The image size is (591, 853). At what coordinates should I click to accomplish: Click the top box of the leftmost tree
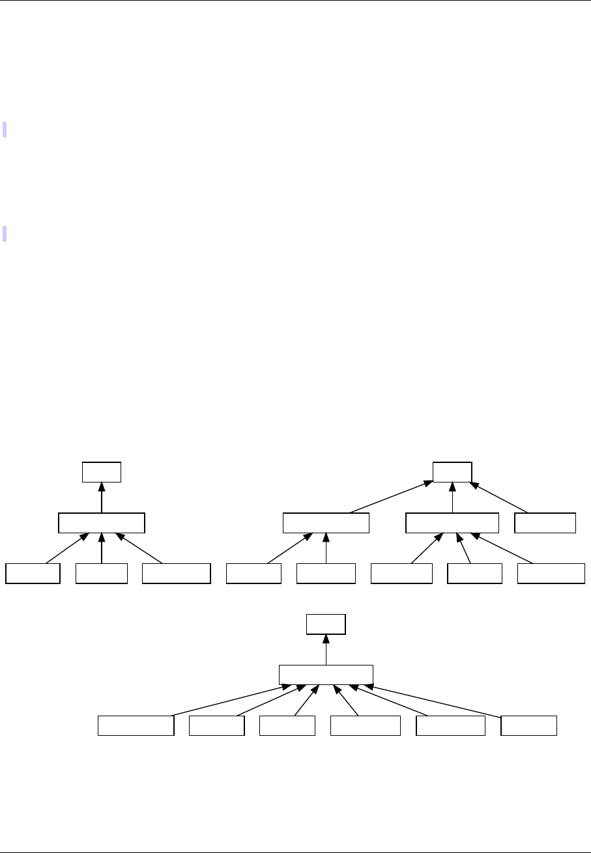coord(102,471)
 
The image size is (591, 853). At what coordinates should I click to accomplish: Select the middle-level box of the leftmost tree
coord(101,523)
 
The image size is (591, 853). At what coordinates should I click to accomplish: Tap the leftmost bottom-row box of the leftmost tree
coord(33,574)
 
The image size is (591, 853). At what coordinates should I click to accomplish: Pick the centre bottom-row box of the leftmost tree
coord(101,574)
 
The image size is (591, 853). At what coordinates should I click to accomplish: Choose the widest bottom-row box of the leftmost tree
coord(177,574)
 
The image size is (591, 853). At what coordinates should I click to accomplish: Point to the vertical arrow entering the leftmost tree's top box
coord(102,497)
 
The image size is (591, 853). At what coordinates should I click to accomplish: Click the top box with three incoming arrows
coord(453,471)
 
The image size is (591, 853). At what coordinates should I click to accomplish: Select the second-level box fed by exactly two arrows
coord(326,523)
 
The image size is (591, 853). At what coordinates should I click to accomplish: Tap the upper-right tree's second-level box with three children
coord(452,523)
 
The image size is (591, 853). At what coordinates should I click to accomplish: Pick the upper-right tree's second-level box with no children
coord(545,523)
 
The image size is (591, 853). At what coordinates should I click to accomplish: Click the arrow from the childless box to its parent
coord(502,497)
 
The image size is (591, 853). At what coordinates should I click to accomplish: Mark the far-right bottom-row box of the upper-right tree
coord(551,574)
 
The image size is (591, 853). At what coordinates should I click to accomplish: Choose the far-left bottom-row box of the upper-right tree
coord(253,574)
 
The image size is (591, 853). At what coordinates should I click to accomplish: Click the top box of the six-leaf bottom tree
coord(326,624)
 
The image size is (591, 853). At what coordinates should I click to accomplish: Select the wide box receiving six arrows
coord(326,675)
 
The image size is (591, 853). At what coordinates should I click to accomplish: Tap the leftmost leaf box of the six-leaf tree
coord(136,725)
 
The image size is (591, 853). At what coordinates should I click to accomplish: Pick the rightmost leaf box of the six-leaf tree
coord(528,725)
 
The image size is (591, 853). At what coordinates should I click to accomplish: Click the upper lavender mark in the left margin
coord(5,129)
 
